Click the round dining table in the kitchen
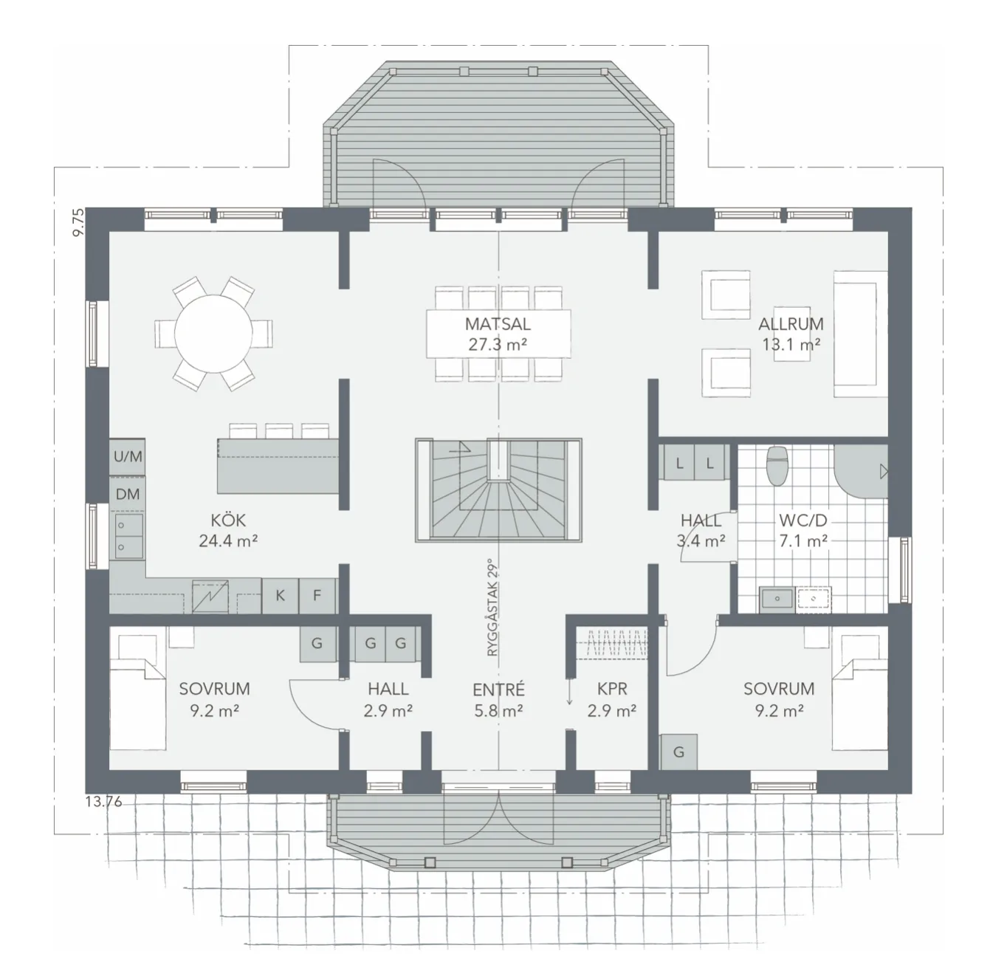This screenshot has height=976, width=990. (213, 333)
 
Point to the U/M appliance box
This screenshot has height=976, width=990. (128, 457)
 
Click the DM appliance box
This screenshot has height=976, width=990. (128, 495)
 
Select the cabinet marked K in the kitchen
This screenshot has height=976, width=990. (281, 595)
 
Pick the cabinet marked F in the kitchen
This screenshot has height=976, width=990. (317, 595)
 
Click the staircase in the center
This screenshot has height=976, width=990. (498, 490)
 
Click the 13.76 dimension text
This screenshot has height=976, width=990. (103, 801)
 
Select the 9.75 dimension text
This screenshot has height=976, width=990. (78, 221)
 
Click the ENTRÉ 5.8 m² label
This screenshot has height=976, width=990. (498, 699)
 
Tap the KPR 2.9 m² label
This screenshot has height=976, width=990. (611, 699)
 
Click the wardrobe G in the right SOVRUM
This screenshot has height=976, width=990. (678, 752)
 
